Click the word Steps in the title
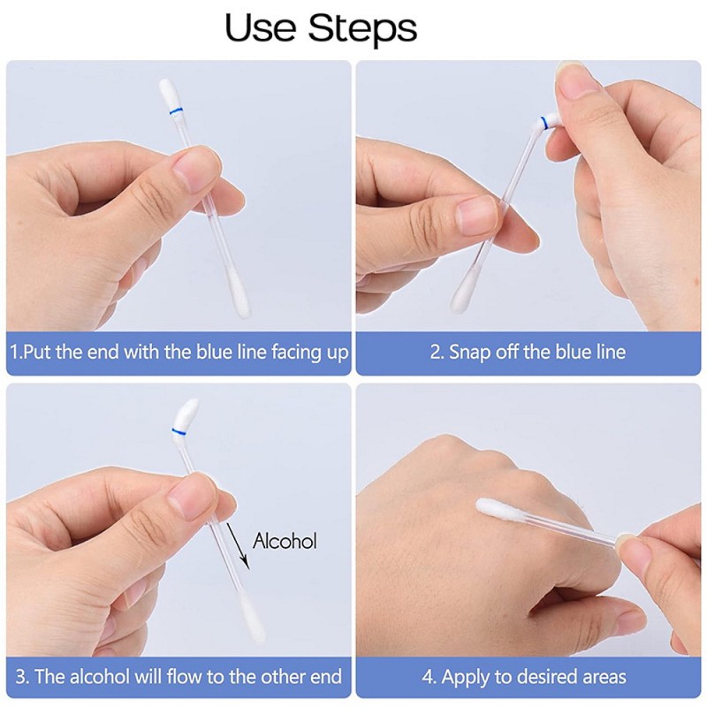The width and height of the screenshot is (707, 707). pos(362,28)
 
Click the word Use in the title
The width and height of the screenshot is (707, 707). pos(261,28)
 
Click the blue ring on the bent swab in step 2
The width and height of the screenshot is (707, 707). pos(544,121)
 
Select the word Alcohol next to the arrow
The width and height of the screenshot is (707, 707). pos(285,541)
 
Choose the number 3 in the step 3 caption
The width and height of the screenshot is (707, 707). pos(20,677)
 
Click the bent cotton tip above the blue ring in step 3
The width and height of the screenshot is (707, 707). pos(186,413)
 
